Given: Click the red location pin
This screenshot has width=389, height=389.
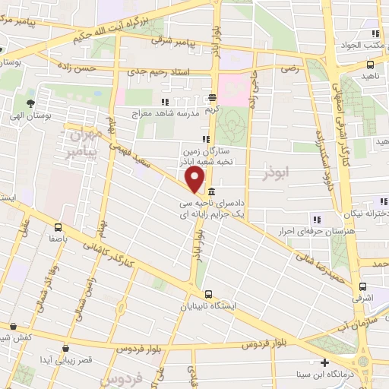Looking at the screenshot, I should pyautogui.click(x=195, y=180).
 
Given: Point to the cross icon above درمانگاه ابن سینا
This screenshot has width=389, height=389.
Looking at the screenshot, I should pyautogui.click(x=324, y=362).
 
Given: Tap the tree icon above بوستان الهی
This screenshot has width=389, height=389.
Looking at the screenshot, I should pyautogui.click(x=30, y=103).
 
